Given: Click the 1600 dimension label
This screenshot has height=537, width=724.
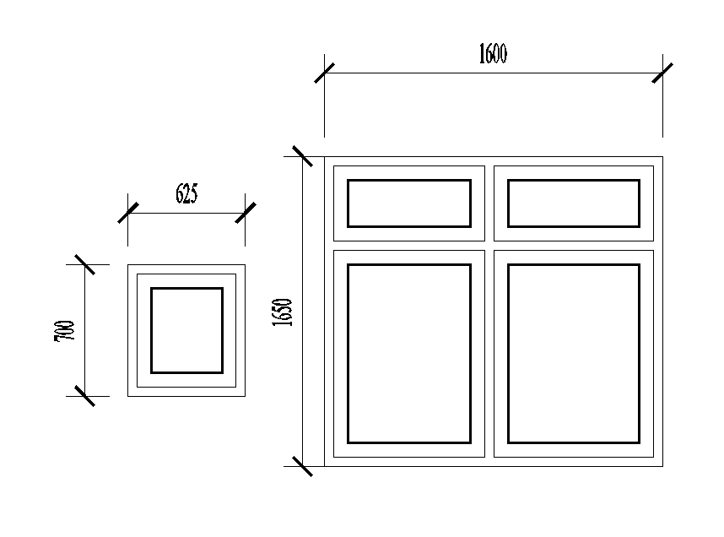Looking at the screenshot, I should point(493,55).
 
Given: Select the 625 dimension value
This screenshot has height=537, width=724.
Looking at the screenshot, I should point(186,194).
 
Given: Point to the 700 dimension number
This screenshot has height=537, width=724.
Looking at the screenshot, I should point(65,330).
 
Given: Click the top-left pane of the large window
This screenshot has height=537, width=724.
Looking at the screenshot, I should point(408,203).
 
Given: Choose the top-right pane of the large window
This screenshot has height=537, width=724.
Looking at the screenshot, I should point(573,203).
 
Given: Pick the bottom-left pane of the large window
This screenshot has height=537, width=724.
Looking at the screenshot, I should point(408,353).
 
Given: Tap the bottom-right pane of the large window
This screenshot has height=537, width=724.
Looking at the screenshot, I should point(573,353).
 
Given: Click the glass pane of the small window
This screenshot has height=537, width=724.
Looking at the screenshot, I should point(186,330).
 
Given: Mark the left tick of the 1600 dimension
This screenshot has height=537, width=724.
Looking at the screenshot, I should point(325,73).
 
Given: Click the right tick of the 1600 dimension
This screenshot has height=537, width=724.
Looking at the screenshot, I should point(662,73).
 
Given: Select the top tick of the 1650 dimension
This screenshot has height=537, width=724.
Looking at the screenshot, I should point(302,156).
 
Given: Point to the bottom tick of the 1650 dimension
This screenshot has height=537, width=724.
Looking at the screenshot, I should point(302,465).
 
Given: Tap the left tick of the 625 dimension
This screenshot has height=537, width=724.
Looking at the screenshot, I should point(128,213).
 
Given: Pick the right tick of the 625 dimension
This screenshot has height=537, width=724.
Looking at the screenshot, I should point(245,213).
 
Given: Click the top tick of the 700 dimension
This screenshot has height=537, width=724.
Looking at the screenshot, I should point(84,264).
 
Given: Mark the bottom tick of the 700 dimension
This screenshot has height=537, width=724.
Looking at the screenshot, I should point(84,396).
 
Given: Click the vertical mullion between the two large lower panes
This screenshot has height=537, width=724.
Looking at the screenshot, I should point(489,353).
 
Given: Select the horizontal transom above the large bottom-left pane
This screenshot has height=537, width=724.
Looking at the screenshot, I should point(408,246).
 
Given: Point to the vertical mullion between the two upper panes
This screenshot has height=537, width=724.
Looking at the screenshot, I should point(489,203).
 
